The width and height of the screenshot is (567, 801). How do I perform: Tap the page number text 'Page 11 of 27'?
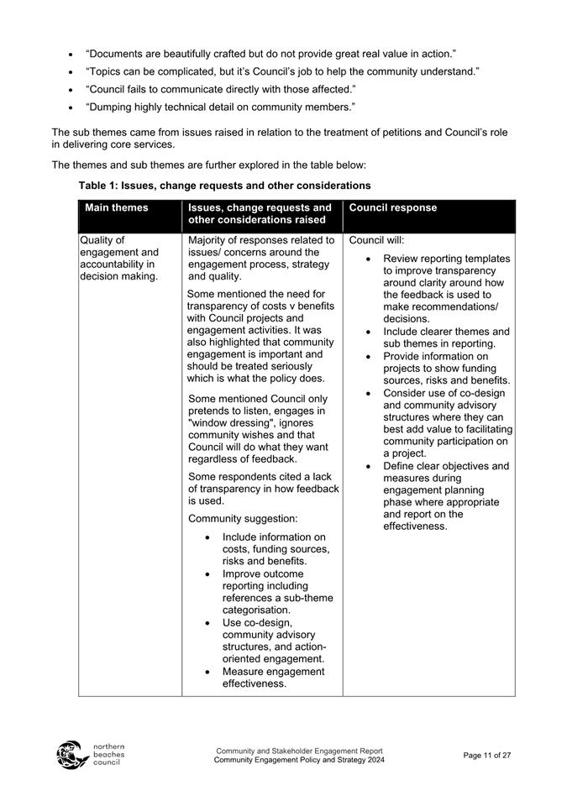(x=486, y=755)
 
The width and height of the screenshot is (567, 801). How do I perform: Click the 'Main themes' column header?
(x=117, y=208)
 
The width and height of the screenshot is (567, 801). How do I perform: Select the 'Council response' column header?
(x=392, y=208)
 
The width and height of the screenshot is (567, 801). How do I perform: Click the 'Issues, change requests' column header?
(x=260, y=214)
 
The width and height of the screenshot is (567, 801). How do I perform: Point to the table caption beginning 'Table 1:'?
(x=224, y=185)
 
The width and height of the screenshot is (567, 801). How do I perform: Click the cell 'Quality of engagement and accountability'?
(x=118, y=259)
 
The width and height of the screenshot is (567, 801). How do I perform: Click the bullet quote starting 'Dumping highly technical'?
(x=220, y=107)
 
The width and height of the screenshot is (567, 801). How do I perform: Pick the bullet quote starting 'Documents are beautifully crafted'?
(x=270, y=54)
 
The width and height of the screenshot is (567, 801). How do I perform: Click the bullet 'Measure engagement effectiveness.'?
(x=273, y=678)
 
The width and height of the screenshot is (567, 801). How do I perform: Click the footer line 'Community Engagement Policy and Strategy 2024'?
(x=299, y=760)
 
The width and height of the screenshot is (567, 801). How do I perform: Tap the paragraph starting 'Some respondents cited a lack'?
(x=263, y=489)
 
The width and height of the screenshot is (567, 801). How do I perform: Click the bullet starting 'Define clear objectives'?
(x=446, y=496)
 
